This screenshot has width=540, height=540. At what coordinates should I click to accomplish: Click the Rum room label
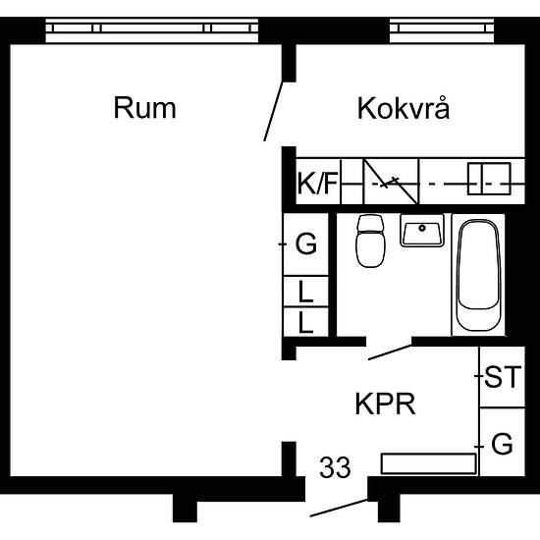coord(145,107)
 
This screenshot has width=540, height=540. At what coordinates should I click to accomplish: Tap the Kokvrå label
coord(404,107)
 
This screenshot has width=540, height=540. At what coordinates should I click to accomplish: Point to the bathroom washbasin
coord(423,233)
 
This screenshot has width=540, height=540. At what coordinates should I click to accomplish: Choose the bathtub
coord(479,277)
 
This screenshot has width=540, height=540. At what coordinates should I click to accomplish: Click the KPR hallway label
coord(386,404)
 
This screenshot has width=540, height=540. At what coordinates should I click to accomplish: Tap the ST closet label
coord(501,377)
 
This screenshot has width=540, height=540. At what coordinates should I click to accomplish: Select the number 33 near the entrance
coord(336,467)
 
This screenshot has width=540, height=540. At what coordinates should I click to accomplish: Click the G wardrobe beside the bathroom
coord(306,243)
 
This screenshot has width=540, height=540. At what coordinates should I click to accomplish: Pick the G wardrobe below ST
coord(501,445)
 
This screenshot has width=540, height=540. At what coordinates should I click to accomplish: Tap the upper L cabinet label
coord(306,292)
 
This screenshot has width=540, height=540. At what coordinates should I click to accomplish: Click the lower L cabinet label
coord(306,322)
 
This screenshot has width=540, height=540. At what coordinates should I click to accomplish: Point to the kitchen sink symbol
coord(488,181)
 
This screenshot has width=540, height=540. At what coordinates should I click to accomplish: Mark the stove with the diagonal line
coord(392,182)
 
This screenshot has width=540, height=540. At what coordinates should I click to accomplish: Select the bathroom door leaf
coord(389,350)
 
